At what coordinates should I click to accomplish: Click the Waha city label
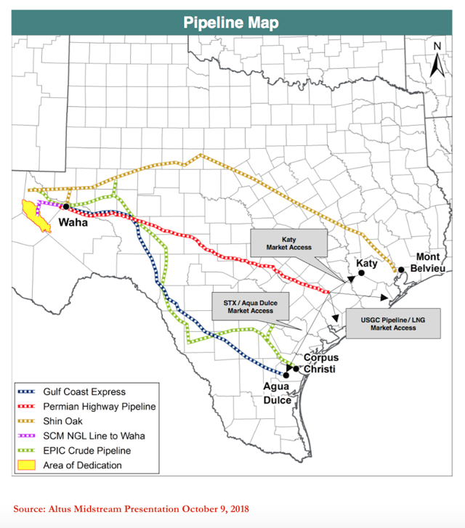73,222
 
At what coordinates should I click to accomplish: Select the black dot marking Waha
66,206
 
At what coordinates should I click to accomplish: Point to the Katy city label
366,264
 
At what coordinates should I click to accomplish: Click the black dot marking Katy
360,274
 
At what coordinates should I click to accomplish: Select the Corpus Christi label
320,363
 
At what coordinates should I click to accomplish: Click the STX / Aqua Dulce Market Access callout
250,305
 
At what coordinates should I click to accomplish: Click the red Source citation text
131,508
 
